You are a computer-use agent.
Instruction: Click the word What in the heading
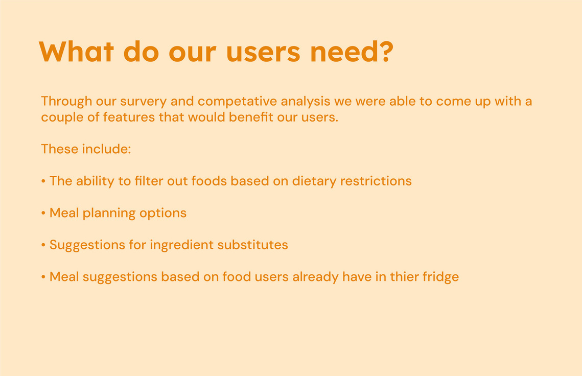tap(76, 52)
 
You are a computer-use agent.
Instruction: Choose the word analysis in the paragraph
tap(306, 101)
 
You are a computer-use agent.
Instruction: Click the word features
tap(129, 117)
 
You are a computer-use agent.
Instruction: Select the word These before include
tap(60, 149)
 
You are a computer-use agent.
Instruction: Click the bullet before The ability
tap(43, 181)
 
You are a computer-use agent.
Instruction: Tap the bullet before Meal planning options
tap(43, 213)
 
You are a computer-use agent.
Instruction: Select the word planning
tap(109, 214)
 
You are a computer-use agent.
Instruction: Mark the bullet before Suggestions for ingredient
tap(43, 245)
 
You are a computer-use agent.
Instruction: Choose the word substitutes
tap(252, 245)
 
